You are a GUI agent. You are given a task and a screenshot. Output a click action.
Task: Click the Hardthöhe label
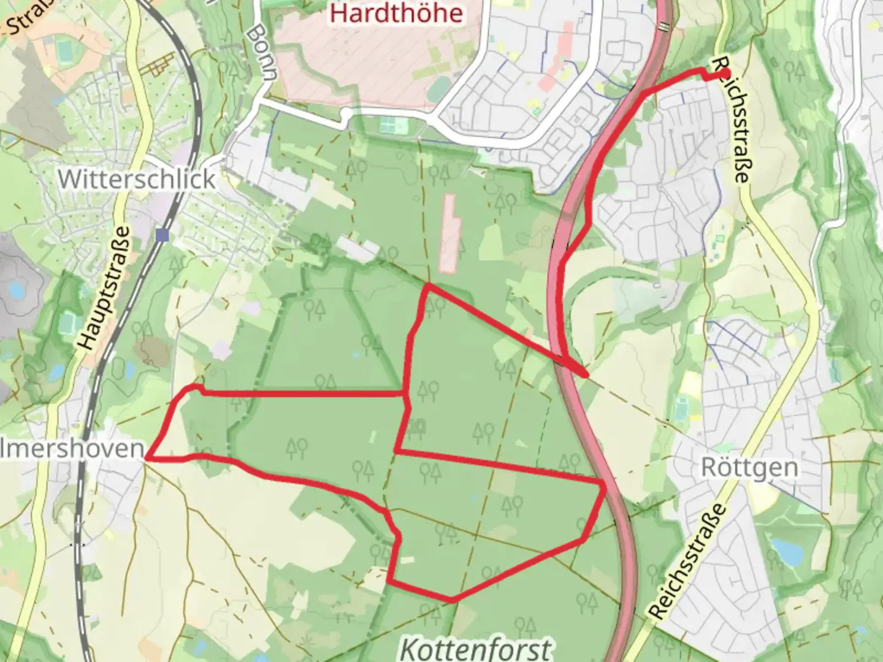point(396,13)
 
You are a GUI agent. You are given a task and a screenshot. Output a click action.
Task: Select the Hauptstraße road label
point(105,288)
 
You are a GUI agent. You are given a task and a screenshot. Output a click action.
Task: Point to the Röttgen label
point(749,468)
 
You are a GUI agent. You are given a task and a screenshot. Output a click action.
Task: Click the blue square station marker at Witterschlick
point(162,234)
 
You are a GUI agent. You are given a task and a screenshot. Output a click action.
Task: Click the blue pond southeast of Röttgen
point(787,550)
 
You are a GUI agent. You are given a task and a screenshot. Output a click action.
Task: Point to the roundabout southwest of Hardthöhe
point(345,114)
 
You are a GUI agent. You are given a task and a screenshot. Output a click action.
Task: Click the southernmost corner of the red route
point(451,600)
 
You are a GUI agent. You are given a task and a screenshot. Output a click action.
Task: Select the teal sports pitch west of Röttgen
point(682,406)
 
